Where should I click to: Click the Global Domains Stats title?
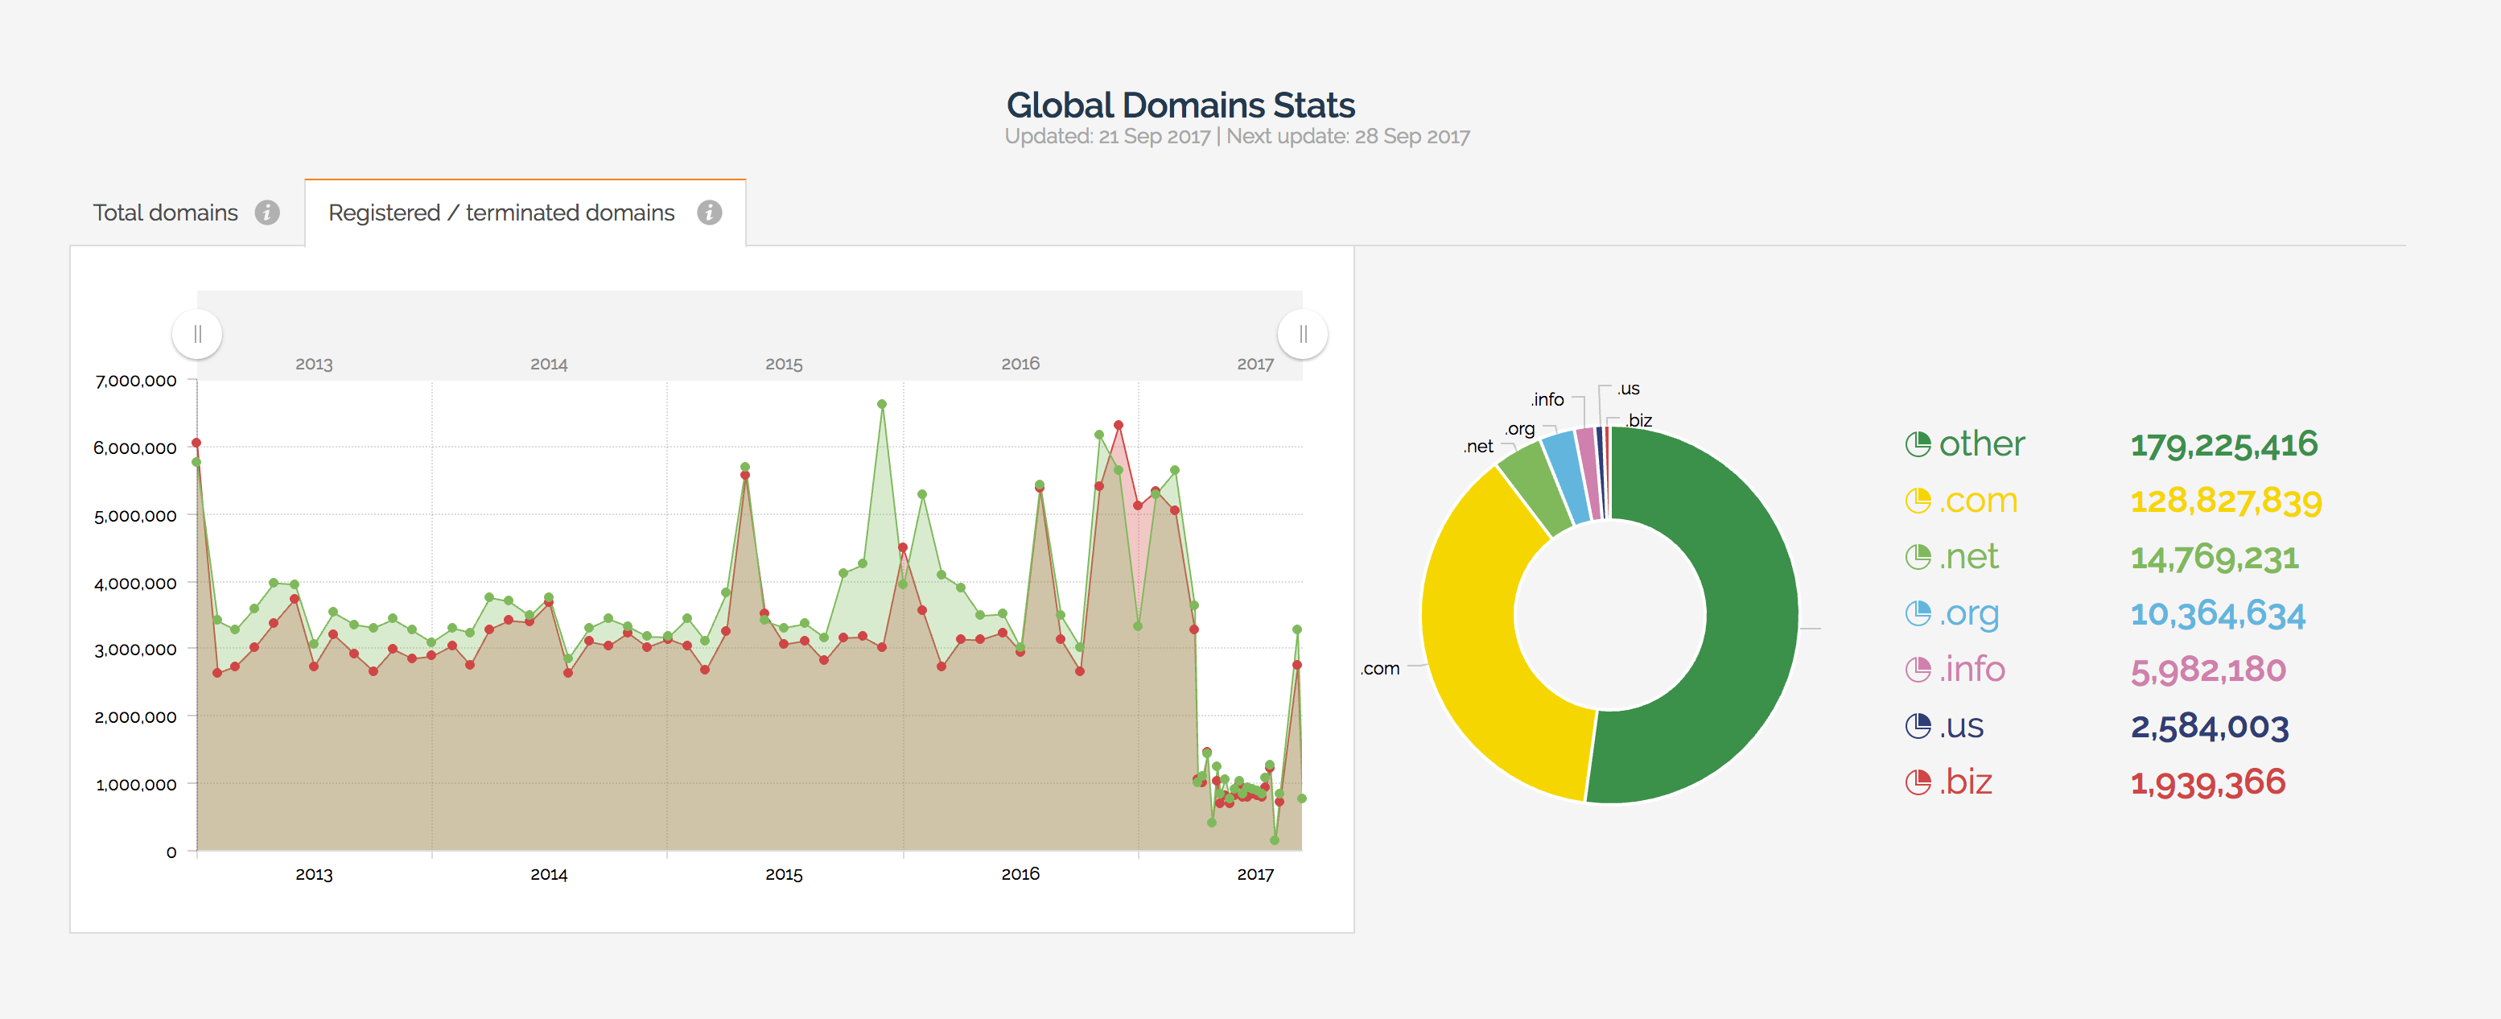[1180, 105]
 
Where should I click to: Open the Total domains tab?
[165, 212]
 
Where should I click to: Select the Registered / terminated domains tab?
[501, 212]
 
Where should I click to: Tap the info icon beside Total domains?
[267, 212]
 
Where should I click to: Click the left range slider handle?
[197, 334]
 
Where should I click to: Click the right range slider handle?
[1302, 334]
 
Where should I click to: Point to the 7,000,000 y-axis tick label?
[136, 381]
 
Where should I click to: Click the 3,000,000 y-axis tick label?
[136, 649]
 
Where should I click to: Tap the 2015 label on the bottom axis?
[784, 874]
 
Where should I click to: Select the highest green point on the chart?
[882, 404]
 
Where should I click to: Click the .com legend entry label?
[1978, 501]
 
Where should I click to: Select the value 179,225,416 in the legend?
[2223, 445]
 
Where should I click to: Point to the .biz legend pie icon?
[1918, 782]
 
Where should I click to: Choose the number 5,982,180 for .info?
[2208, 670]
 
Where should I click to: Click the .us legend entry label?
[1961, 727]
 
